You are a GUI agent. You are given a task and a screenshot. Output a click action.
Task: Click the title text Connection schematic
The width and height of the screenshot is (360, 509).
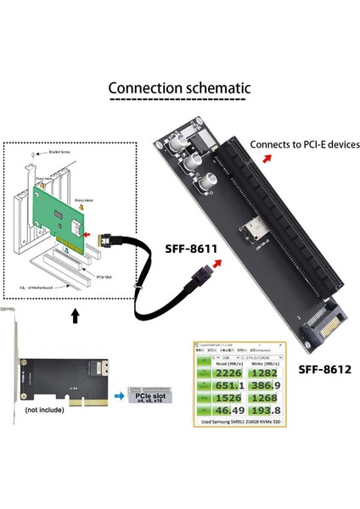[x=179, y=88]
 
